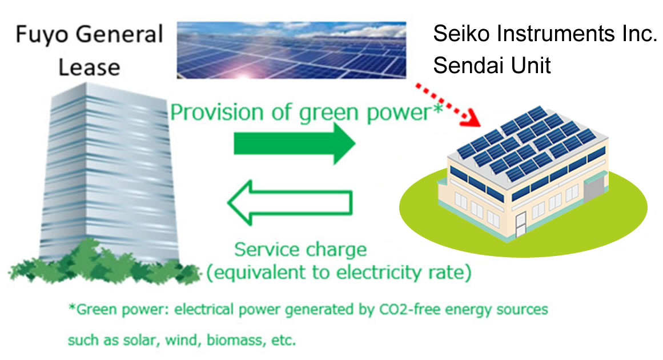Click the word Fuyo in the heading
pyautogui.click(x=39, y=35)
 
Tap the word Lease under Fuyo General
pyautogui.click(x=89, y=67)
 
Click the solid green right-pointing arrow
pyautogui.click(x=295, y=143)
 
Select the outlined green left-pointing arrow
pyautogui.click(x=290, y=203)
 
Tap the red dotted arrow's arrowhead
pyautogui.click(x=472, y=118)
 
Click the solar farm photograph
pyautogui.click(x=291, y=50)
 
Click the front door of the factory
pyautogui.click(x=521, y=224)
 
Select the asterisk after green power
pyautogui.click(x=438, y=109)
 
